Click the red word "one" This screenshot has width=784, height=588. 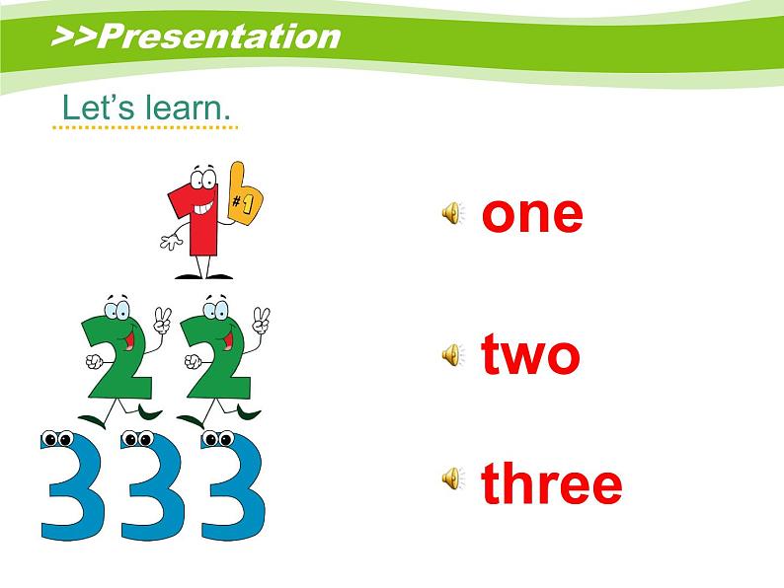(532, 213)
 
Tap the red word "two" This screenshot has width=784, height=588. (530, 354)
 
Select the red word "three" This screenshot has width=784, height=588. (552, 483)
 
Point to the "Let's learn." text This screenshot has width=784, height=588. (145, 108)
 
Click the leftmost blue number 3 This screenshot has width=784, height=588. (69, 488)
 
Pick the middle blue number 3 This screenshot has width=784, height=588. (148, 488)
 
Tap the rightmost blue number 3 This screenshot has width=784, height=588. (233, 488)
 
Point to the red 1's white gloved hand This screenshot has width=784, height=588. (170, 241)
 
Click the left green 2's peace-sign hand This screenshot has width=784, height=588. (162, 321)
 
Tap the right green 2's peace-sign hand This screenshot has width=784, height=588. (261, 321)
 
